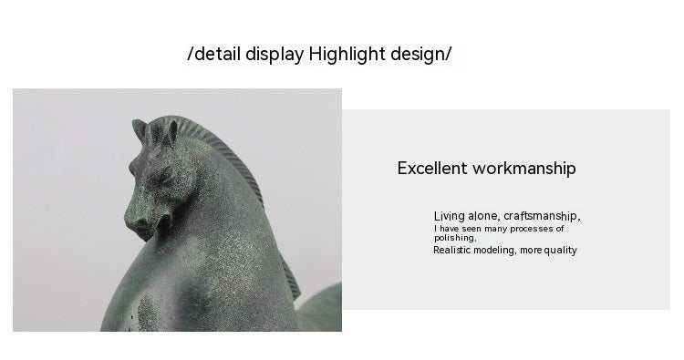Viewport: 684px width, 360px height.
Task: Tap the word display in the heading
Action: coord(275,54)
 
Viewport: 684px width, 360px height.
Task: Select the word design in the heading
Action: coord(417,54)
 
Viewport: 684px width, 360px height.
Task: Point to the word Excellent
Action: coord(432,169)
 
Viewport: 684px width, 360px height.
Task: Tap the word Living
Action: coord(450,216)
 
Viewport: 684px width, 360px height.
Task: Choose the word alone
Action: coord(484,216)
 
